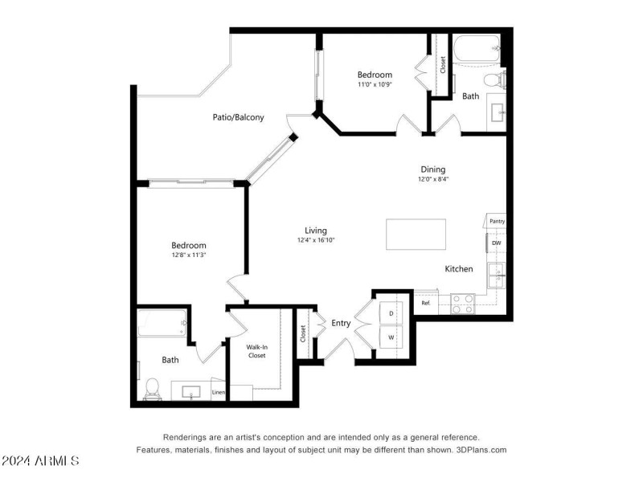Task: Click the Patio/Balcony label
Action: point(238,117)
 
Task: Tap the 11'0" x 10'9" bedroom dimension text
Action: point(375,84)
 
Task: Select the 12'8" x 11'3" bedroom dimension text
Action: point(188,255)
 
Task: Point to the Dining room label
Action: point(432,170)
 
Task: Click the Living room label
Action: point(315,231)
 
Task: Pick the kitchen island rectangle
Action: point(416,235)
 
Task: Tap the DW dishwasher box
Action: point(497,243)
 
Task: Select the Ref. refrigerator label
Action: point(426,303)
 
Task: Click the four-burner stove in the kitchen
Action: point(462,303)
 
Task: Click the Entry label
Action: point(341,323)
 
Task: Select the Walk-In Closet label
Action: point(256,350)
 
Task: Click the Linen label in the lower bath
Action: point(218,392)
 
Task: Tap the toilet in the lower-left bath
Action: point(152,389)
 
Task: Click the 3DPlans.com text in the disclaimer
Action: point(479,450)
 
